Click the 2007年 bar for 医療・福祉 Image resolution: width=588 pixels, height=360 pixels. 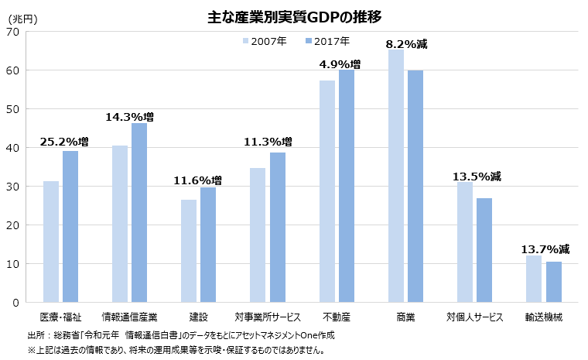pos(51,242)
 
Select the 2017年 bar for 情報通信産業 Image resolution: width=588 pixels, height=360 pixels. pos(139,213)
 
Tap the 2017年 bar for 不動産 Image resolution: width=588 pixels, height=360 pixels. pos(347,186)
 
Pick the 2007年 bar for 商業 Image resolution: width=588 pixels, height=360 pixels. pos(395,177)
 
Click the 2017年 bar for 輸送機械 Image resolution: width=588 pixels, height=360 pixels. pos(553,282)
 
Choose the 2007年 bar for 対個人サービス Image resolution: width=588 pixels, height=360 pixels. pos(464,242)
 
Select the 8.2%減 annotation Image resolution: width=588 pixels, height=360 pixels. pos(407,45)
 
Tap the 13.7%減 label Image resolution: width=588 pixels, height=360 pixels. pos(545,249)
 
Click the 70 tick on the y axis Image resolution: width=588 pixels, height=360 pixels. pos(13,32)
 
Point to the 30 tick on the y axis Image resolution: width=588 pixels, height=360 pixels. pos(13,187)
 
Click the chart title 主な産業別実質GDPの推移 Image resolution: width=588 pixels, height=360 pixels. pos(294,16)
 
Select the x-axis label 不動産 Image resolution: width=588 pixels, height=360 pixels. pos(337,317)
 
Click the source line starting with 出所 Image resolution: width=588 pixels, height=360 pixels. pos(181,335)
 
